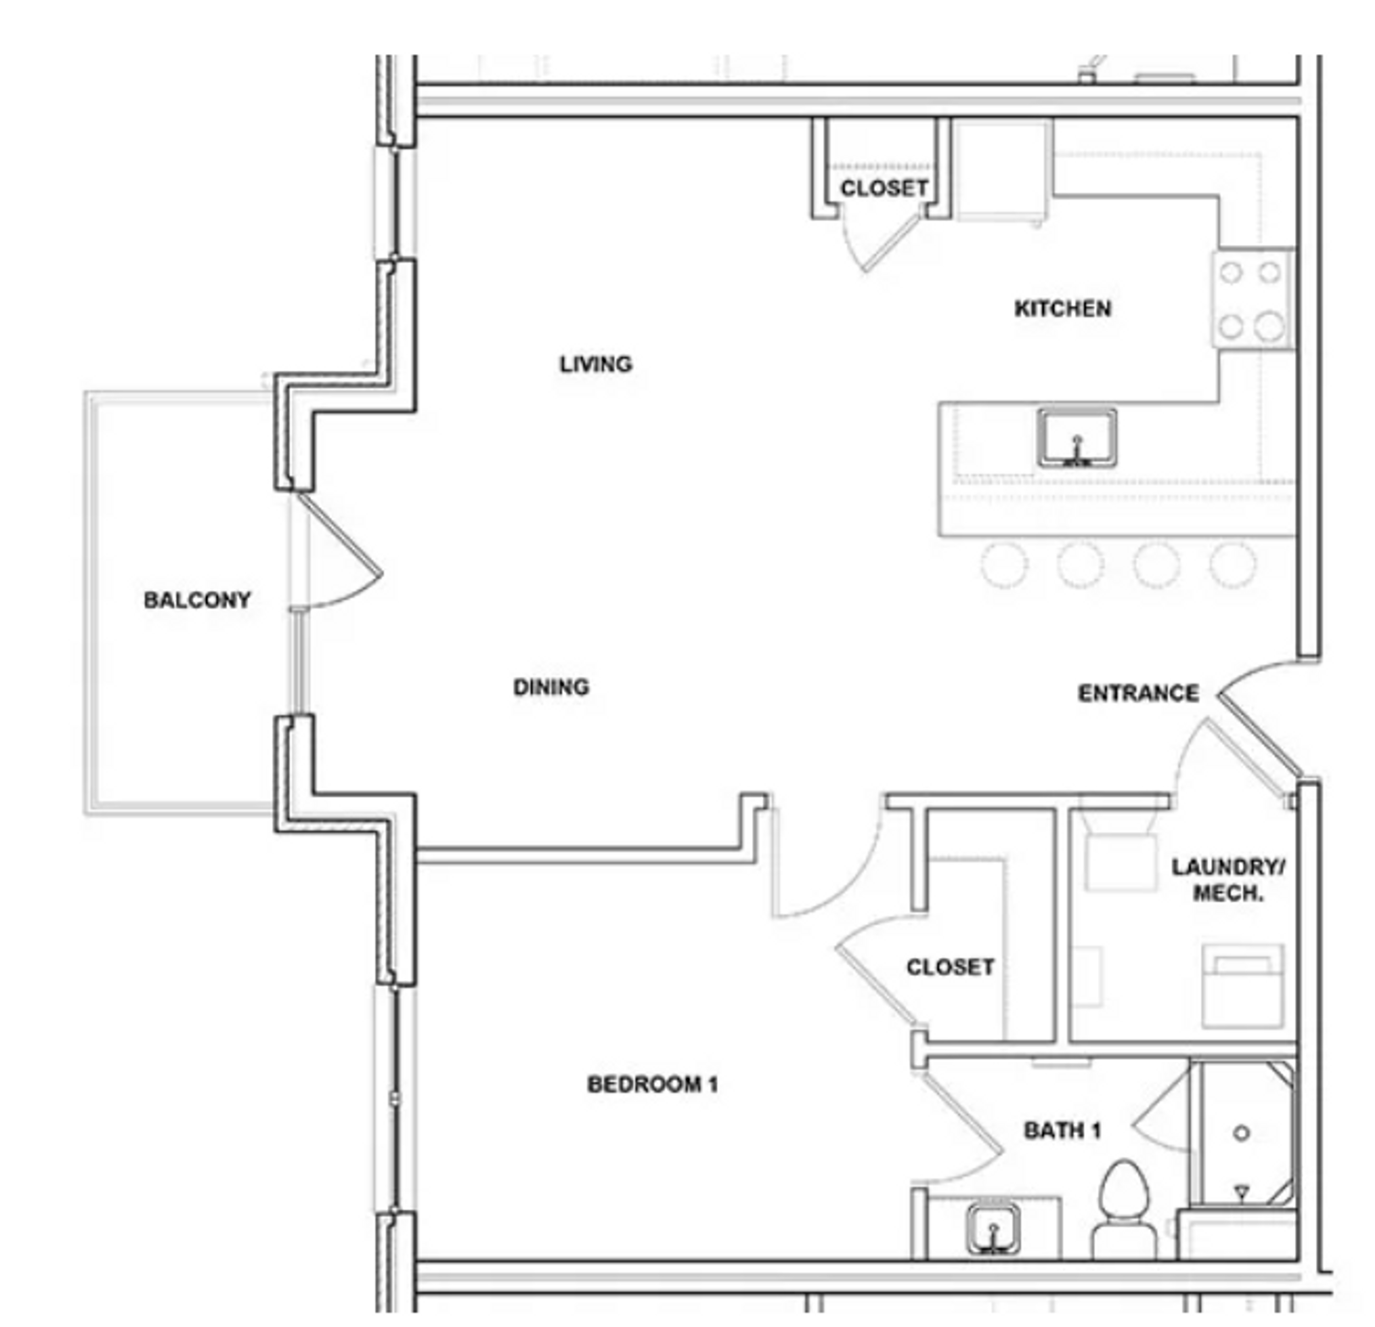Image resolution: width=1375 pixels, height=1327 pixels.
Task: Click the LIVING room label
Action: pyautogui.click(x=596, y=364)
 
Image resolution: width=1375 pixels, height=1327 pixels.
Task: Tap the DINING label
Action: pyautogui.click(x=552, y=687)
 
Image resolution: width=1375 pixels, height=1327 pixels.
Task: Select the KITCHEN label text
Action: pyautogui.click(x=1063, y=309)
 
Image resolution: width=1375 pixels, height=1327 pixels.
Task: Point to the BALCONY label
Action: pyautogui.click(x=197, y=600)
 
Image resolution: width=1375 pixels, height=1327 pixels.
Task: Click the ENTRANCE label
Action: pyautogui.click(x=1138, y=693)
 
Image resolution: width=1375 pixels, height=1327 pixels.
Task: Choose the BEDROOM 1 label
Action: pyautogui.click(x=652, y=1084)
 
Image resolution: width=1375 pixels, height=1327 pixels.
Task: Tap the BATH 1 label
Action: pyautogui.click(x=1062, y=1130)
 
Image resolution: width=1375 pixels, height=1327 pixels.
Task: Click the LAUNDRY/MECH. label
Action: pyautogui.click(x=1228, y=880)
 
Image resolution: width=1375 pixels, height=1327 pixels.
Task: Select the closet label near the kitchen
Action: pyautogui.click(x=884, y=188)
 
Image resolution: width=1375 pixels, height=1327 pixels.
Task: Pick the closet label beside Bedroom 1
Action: pyautogui.click(x=950, y=967)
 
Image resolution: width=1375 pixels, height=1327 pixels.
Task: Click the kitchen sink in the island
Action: pyautogui.click(x=1077, y=438)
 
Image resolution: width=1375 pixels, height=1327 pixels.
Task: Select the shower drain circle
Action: pyautogui.click(x=1241, y=1132)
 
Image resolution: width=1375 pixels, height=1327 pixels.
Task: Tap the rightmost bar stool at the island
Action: pyautogui.click(x=1233, y=564)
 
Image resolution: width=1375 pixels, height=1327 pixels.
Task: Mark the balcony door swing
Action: pyautogui.click(x=340, y=555)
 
